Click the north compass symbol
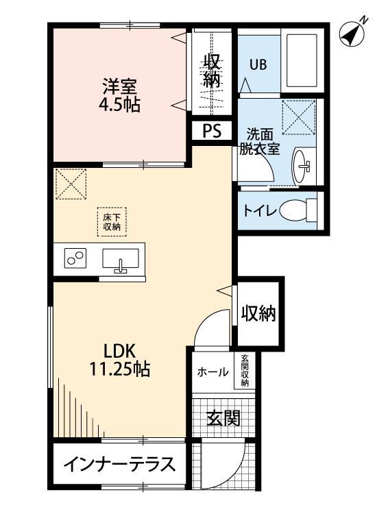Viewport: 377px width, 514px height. pos(352,34)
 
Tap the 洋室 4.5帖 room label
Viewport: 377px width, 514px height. pos(120,96)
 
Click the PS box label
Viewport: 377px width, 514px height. pos(211,131)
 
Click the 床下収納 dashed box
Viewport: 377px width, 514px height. pos(112,221)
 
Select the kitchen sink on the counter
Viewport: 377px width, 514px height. pos(121,260)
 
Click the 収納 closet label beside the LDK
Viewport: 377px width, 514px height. pos(258,314)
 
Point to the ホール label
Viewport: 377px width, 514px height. pos(213,372)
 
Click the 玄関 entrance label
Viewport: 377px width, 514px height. pos(223,418)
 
